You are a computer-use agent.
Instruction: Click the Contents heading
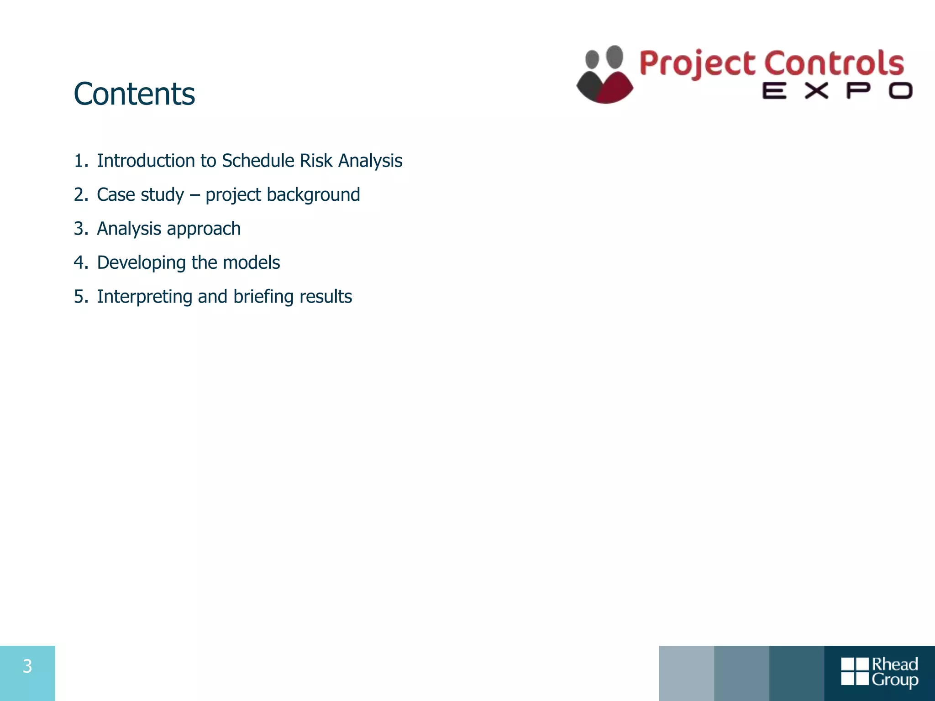coord(134,94)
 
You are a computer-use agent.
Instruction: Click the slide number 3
coord(27,666)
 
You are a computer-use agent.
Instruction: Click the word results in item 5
coord(326,297)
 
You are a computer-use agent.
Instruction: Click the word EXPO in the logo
coord(837,91)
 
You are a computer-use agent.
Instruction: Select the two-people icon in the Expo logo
coord(604,75)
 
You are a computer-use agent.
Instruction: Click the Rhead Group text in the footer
coord(894,672)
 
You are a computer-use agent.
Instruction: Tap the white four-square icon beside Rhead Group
coord(855,671)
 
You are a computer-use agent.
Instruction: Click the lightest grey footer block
coord(686,673)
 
